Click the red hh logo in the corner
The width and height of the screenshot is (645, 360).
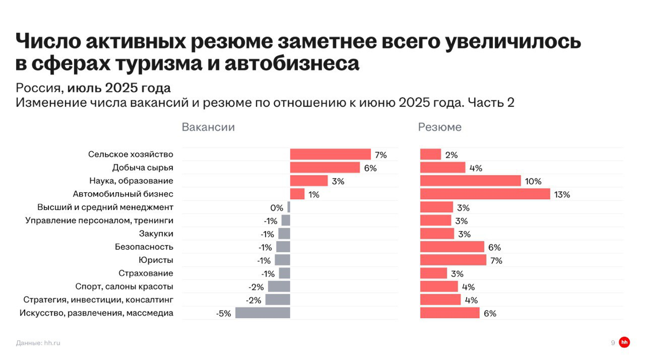[x=624, y=342]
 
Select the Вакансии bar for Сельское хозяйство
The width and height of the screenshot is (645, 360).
[x=330, y=155]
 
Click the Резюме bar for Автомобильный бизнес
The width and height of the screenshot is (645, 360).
[x=485, y=194]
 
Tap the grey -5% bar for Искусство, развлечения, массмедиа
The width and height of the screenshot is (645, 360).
[x=262, y=313]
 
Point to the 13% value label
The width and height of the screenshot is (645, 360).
[x=562, y=195]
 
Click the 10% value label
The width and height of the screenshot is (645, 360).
[x=533, y=182]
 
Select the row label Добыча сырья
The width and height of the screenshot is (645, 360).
[x=142, y=168]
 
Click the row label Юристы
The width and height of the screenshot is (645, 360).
[x=156, y=260]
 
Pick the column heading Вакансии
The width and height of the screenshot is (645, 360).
[x=208, y=127]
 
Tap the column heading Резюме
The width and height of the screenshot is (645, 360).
[x=440, y=127]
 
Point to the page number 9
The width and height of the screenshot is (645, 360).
[x=613, y=343]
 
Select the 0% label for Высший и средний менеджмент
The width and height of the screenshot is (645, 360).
[x=276, y=208]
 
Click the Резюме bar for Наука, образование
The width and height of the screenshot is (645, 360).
[x=470, y=181]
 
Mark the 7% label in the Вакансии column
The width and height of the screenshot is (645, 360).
[x=381, y=155]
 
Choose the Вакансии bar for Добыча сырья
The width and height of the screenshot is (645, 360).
[x=325, y=168]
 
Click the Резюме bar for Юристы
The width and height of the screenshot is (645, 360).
[x=453, y=260]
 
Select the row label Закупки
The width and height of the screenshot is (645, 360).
[x=156, y=234]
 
